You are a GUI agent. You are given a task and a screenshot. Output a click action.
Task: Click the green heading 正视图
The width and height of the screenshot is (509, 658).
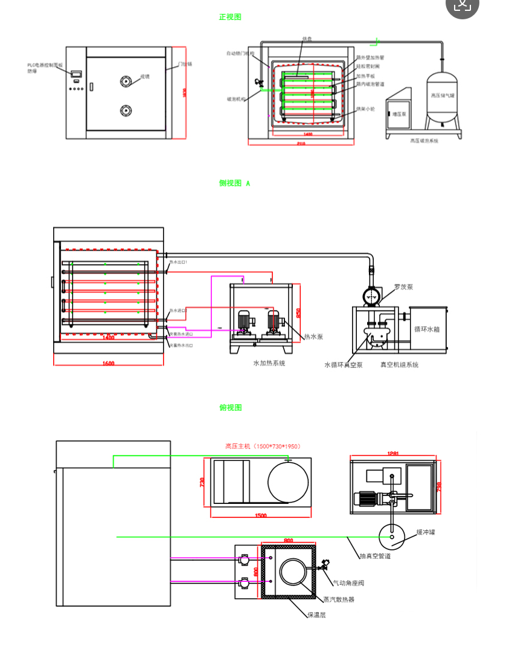(x=229, y=18)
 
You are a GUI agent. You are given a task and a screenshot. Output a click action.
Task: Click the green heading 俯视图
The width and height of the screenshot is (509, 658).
(x=230, y=408)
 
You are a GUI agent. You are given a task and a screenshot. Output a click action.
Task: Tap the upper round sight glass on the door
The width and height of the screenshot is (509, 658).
(x=126, y=81)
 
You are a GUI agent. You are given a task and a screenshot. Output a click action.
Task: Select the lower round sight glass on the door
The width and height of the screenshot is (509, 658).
(x=126, y=110)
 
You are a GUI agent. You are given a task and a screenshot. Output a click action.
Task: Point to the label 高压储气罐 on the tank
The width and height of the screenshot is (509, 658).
(x=443, y=95)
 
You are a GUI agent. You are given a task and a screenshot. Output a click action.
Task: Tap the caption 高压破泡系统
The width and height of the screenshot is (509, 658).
(x=424, y=141)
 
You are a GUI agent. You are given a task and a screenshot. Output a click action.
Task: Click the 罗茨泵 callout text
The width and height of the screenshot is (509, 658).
(x=403, y=287)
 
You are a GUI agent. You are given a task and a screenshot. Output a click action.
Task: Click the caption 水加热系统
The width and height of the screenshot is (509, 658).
(x=269, y=364)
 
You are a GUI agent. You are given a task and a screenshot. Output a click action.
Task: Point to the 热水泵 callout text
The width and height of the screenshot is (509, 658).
(x=313, y=337)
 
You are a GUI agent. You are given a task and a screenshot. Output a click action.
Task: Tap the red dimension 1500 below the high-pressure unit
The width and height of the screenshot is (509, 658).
(x=261, y=515)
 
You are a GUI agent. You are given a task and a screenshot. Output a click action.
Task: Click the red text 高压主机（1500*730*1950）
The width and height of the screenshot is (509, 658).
(x=263, y=447)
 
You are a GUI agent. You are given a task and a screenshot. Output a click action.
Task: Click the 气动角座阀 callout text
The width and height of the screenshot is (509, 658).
(x=348, y=583)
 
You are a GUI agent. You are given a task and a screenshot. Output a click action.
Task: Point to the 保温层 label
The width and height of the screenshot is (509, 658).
(x=316, y=615)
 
